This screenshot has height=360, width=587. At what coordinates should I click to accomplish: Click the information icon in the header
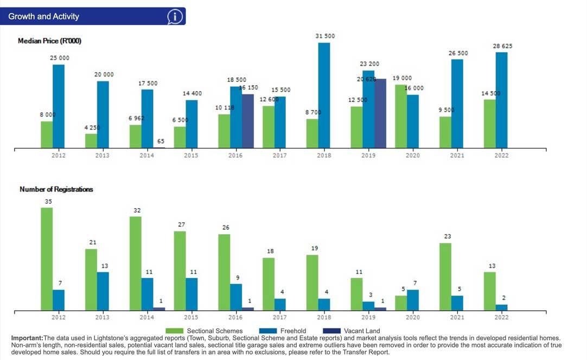[175, 17]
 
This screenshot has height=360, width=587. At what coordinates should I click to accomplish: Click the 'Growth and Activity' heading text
[43, 17]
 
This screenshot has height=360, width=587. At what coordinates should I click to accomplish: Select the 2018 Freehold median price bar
[324, 95]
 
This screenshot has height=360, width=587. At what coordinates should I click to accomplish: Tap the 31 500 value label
[325, 36]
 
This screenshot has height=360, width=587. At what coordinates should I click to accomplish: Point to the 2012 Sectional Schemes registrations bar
[47, 259]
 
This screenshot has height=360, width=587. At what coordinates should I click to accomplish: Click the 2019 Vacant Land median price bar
[380, 113]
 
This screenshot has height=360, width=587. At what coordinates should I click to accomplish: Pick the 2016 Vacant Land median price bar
[248, 121]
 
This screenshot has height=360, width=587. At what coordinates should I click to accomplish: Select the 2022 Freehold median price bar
[501, 100]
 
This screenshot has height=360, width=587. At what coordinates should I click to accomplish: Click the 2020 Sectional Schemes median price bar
[400, 116]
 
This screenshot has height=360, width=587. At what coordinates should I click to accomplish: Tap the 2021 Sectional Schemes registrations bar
[445, 277]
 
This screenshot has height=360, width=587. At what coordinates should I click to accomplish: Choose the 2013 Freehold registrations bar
[103, 291]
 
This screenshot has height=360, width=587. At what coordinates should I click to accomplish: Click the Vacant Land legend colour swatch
[331, 331]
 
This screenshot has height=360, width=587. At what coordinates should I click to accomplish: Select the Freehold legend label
[293, 331]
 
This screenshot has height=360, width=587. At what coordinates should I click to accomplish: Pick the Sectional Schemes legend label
[214, 331]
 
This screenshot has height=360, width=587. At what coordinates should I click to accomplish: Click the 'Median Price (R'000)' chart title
[49, 41]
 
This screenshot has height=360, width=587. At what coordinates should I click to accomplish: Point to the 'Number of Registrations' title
[56, 189]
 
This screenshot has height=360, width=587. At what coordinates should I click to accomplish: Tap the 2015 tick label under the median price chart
[191, 156]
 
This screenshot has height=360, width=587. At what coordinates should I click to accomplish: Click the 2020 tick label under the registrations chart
[412, 317]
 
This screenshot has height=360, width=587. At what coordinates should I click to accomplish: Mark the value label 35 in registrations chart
[48, 201]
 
